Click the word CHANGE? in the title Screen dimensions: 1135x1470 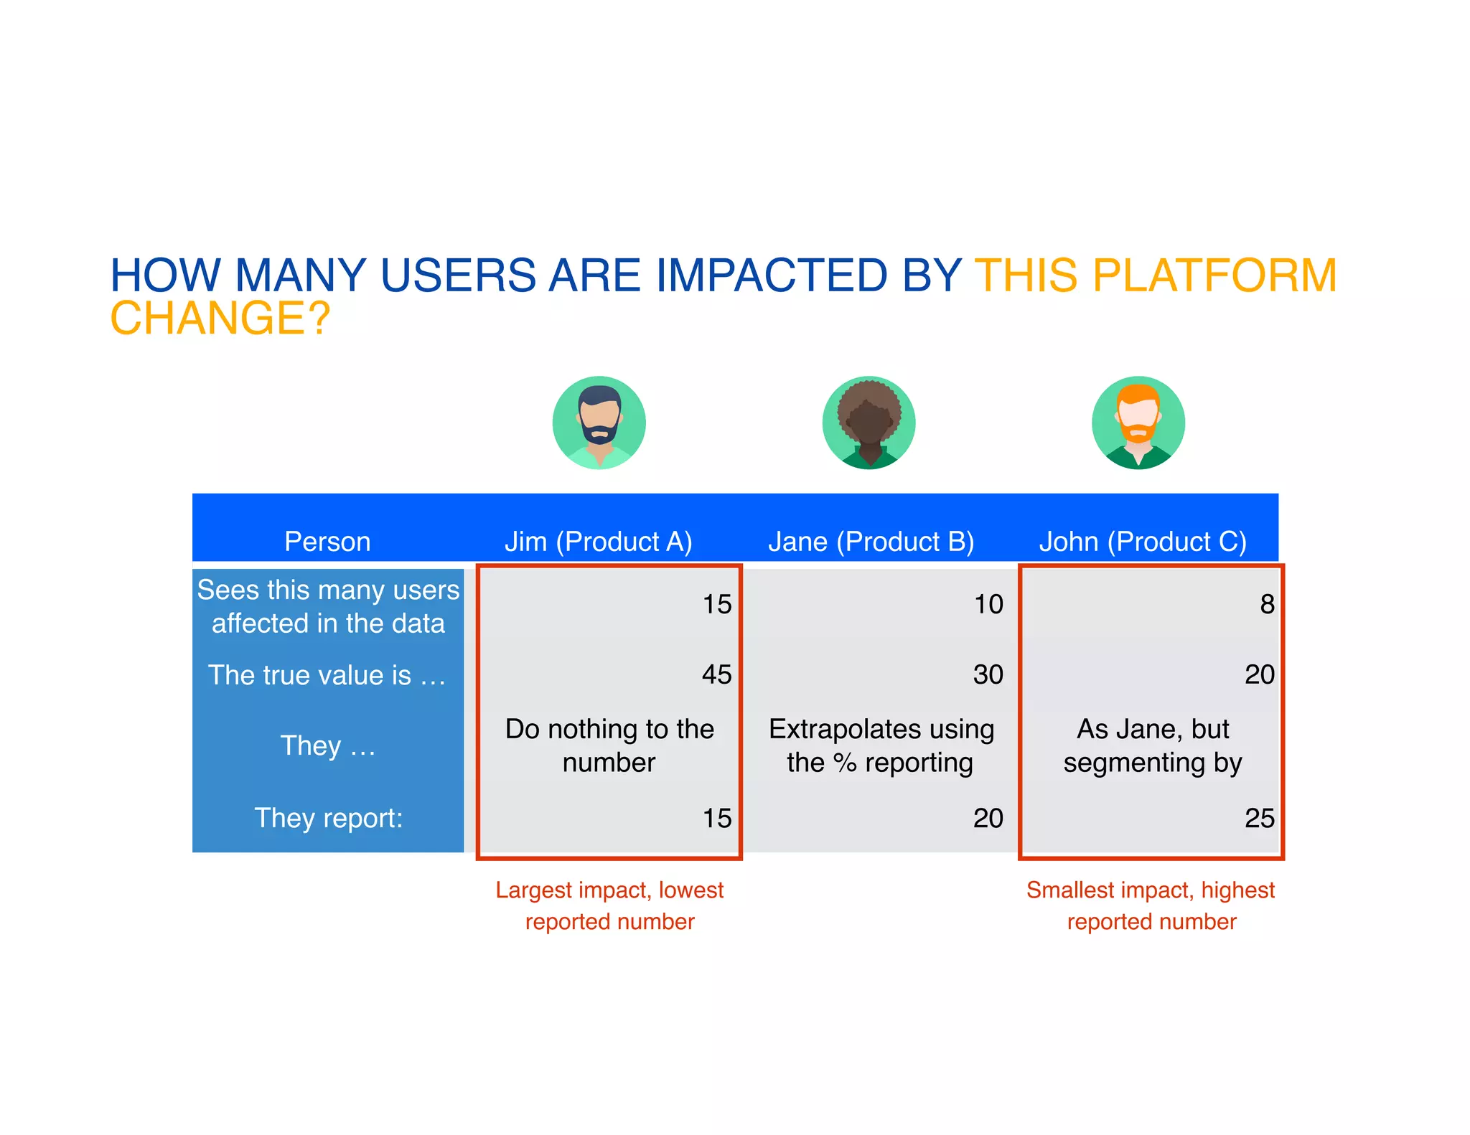tap(220, 318)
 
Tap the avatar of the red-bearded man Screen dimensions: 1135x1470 tap(1138, 423)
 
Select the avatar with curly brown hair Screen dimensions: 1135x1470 tap(869, 423)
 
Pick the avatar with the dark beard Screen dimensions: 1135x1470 tap(599, 423)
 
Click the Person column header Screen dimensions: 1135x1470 tap(327, 541)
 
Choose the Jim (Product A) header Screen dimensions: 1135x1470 tap(598, 541)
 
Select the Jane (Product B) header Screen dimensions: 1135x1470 tap(871, 541)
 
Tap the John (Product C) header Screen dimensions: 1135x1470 tap(1143, 541)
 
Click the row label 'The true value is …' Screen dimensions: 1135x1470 tap(327, 675)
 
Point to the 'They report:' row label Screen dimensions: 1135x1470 tap(328, 818)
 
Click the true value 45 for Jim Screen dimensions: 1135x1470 tap(716, 674)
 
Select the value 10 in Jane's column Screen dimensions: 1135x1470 tap(988, 604)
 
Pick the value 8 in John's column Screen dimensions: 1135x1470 tap(1267, 604)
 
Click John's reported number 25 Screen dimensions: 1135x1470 tap(1259, 818)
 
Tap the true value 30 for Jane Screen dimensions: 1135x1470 tap(988, 674)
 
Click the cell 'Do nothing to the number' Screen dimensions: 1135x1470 tap(609, 745)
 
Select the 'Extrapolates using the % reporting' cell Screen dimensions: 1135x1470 tap(881, 745)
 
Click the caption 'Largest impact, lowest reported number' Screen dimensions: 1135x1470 tap(609, 905)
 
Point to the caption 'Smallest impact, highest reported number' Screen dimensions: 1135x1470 tap(1151, 905)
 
